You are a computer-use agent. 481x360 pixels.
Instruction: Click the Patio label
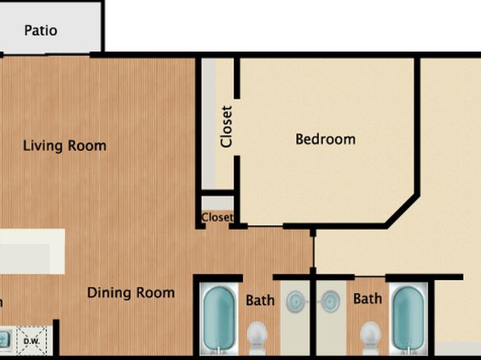pos(41,31)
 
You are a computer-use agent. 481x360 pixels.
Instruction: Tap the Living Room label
pos(65,145)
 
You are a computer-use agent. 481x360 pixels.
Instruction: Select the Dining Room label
pos(131,292)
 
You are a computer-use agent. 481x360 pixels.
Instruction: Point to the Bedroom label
pos(325,139)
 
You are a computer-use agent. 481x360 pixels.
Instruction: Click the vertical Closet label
pos(227,127)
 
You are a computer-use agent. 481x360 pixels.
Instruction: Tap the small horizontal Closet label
pos(217,217)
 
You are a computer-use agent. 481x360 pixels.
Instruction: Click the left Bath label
pos(260,300)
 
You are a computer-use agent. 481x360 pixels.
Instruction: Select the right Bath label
pos(367,299)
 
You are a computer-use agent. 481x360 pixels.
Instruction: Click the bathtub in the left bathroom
pos(219,319)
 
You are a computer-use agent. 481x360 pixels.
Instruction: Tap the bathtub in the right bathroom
pos(408,319)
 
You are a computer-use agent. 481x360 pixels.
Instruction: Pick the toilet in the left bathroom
pos(257,337)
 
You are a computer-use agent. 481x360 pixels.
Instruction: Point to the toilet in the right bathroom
pos(370,337)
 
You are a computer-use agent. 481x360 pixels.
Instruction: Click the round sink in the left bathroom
pos(295,302)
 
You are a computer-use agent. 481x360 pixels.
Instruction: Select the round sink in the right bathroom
pos(330,302)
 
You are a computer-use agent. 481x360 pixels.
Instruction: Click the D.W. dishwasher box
pos(32,341)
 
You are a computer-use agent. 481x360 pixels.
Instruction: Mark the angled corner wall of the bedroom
pos(403,211)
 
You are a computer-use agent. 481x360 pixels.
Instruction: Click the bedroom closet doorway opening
pos(236,128)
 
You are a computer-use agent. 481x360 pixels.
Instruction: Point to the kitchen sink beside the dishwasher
pos(5,340)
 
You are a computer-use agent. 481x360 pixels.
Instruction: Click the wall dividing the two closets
pos(218,193)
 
